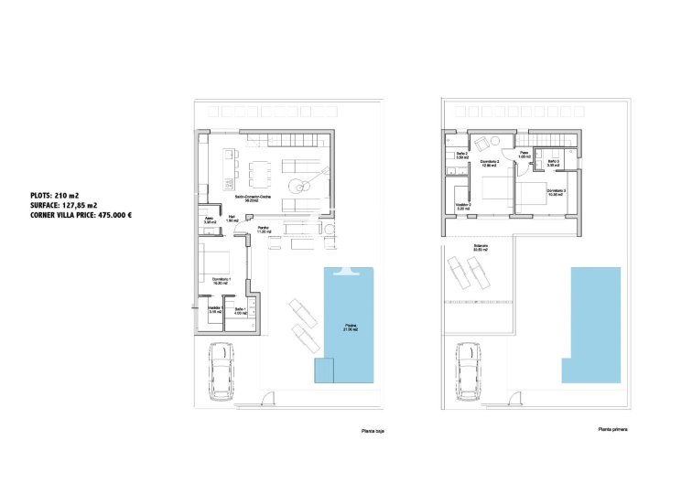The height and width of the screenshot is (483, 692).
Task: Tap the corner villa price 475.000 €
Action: pos(82,216)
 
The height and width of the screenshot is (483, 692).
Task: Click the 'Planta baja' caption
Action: pos(371,429)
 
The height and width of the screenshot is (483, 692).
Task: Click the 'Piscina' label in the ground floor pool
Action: pos(351,326)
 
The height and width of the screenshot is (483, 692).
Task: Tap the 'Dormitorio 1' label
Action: pos(222,280)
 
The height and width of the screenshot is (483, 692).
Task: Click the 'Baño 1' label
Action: pos(241,311)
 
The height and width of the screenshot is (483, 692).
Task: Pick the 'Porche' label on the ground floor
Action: pos(262,230)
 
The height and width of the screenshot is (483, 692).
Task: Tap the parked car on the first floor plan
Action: pos(468,370)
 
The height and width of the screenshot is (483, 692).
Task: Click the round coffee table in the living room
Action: pos(298,186)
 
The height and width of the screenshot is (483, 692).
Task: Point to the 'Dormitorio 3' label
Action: pos(557,191)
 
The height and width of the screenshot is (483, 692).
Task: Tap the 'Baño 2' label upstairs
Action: pos(463,155)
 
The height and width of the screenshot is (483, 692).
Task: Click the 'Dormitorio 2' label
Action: pos(490,163)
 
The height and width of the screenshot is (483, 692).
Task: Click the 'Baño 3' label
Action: pos(552,163)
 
